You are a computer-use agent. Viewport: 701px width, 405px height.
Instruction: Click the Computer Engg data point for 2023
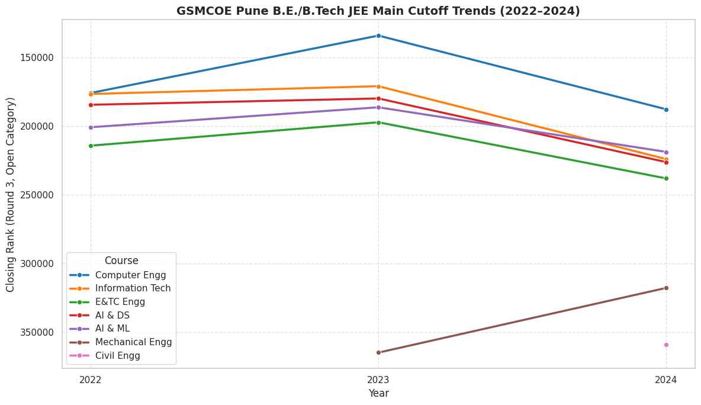click(378, 36)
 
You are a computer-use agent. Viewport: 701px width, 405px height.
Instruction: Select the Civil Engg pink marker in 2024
click(666, 345)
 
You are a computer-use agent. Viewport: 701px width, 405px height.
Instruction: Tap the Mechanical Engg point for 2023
click(378, 352)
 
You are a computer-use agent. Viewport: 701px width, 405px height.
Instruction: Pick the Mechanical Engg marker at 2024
click(666, 288)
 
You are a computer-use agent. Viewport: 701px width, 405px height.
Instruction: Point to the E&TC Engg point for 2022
click(91, 146)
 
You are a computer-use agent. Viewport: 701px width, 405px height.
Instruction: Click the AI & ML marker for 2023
click(378, 107)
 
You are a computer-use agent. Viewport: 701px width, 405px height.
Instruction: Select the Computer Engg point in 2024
click(666, 110)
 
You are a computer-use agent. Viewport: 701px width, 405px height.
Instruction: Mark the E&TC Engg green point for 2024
click(666, 178)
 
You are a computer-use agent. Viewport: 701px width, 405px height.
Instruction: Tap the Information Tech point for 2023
click(378, 86)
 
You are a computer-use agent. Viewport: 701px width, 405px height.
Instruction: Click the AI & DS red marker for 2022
click(91, 105)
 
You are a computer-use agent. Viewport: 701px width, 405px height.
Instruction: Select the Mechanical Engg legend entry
click(133, 342)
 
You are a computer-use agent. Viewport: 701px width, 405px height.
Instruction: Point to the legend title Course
click(121, 261)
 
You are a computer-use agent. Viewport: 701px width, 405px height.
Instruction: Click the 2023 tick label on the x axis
click(378, 380)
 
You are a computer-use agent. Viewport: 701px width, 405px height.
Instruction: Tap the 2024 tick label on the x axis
click(666, 380)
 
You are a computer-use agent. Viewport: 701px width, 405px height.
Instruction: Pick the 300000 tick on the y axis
click(38, 263)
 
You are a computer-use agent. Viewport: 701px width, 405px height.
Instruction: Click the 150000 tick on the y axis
click(38, 57)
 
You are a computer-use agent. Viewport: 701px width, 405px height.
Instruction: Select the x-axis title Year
click(378, 393)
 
